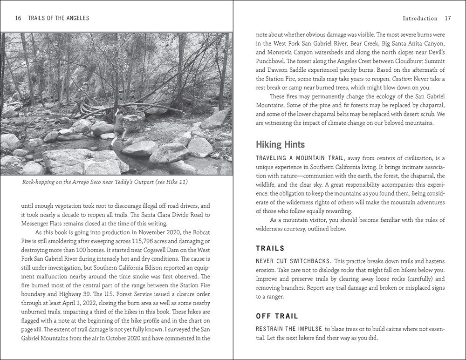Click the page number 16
(18, 18)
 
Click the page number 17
(448, 19)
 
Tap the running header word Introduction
(419, 19)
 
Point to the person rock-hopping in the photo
(119, 124)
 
